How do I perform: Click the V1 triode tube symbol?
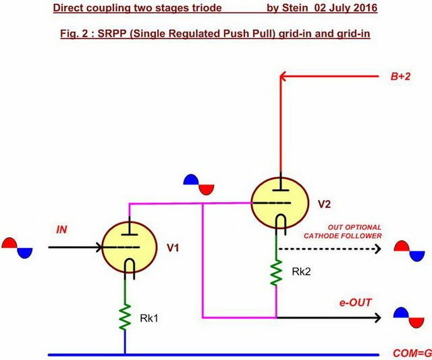click(130, 247)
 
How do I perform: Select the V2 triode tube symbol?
click(280, 203)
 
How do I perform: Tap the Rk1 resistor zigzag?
click(124, 317)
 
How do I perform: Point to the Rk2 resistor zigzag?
click(276, 273)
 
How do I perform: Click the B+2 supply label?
click(400, 76)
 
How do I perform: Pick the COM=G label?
click(412, 353)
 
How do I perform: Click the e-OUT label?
click(356, 303)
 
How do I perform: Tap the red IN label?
click(61, 230)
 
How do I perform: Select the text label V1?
click(173, 248)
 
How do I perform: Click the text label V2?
click(324, 204)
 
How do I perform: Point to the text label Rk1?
click(149, 318)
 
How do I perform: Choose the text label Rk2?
click(302, 272)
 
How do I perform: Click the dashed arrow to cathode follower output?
click(330, 249)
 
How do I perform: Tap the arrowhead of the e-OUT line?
click(378, 318)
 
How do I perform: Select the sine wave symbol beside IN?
click(17, 248)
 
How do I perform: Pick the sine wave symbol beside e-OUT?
click(408, 317)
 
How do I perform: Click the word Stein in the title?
click(295, 7)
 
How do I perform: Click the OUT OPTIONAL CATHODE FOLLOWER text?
click(343, 232)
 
